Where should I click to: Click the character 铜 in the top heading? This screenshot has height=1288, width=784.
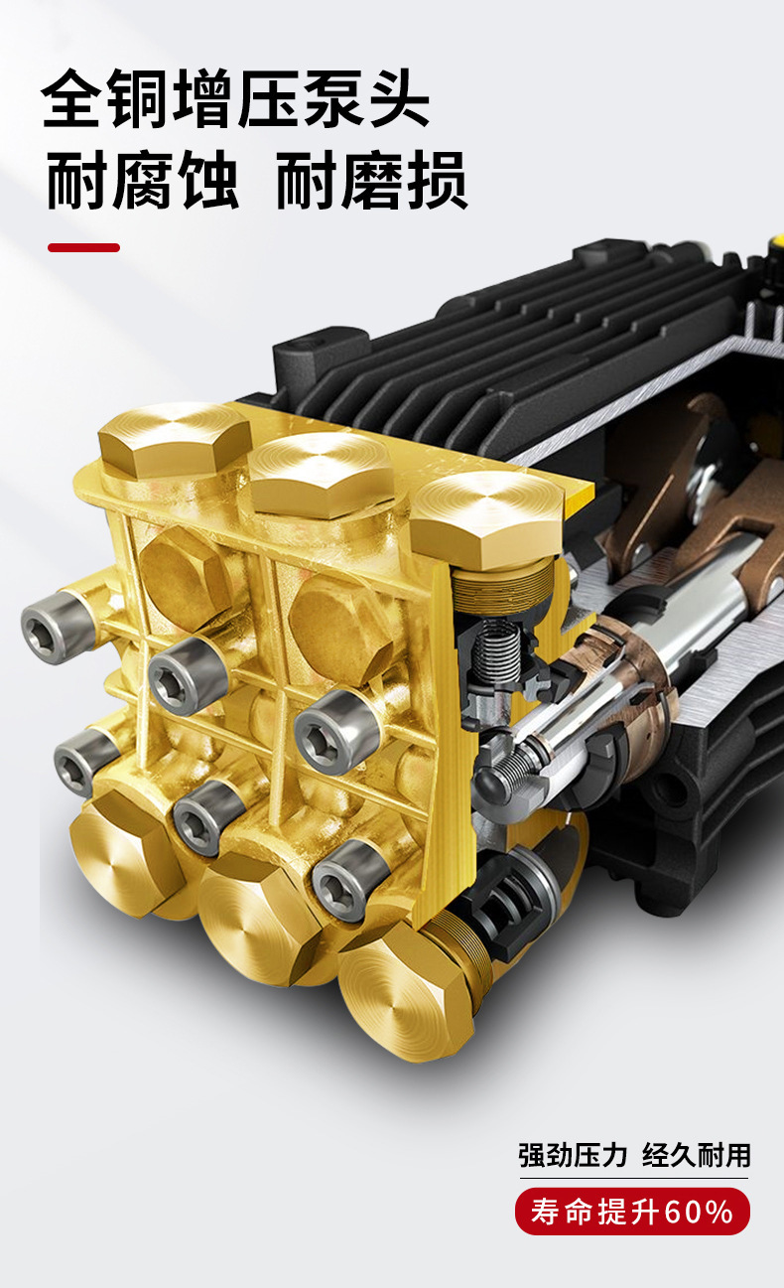point(140,98)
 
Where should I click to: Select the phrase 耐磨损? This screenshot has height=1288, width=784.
point(372,181)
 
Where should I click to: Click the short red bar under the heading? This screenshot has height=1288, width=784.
point(84,248)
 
